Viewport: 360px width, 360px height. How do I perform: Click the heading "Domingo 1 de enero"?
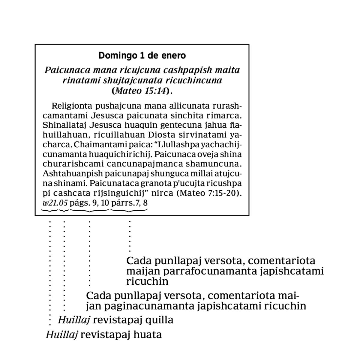click(142, 55)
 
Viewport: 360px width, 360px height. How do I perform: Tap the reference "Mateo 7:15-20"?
click(209, 193)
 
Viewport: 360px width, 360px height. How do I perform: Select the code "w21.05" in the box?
click(55, 203)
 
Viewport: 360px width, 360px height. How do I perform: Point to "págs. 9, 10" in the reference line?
click(89, 203)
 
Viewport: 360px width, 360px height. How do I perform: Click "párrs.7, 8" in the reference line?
click(129, 203)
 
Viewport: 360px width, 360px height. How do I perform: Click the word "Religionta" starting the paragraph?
click(72, 106)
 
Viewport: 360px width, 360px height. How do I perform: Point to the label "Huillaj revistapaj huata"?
click(104, 334)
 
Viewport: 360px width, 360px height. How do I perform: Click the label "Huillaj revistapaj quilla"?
click(115, 320)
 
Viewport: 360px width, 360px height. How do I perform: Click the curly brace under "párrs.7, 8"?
click(129, 210)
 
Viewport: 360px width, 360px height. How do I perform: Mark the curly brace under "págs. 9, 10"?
click(89, 210)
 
